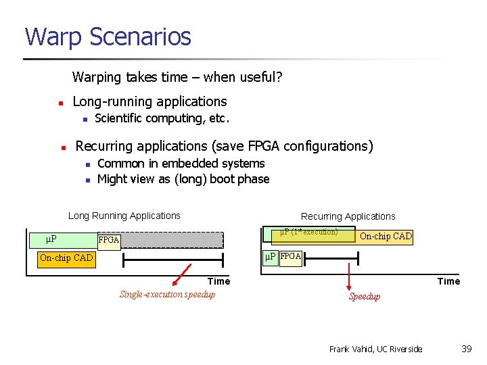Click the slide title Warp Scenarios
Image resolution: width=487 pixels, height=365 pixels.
tap(108, 36)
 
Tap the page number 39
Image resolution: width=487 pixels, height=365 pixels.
tap(466, 349)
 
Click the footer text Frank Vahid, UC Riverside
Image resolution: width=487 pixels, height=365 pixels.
tap(375, 349)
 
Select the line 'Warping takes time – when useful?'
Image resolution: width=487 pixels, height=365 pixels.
tap(177, 77)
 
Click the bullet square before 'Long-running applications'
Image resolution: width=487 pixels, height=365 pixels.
tap(60, 103)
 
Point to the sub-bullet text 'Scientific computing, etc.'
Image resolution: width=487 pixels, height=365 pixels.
tap(162, 119)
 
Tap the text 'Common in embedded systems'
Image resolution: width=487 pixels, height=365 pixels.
tap(181, 164)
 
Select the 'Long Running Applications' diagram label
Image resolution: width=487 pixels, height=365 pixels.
tap(124, 216)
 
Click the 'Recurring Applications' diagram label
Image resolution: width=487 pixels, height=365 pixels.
tap(348, 216)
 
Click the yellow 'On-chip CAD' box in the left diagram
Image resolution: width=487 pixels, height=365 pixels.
tap(66, 258)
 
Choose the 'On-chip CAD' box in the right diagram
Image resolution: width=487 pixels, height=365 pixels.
tap(386, 236)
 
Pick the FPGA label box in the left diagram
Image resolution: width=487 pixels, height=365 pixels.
tap(109, 240)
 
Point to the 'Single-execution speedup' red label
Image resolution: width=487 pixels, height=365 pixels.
tap(167, 294)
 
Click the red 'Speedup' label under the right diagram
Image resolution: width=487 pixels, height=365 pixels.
tap(364, 297)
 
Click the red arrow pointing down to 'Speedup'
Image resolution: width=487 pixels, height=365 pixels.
tap(349, 276)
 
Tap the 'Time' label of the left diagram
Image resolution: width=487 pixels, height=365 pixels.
tap(218, 281)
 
